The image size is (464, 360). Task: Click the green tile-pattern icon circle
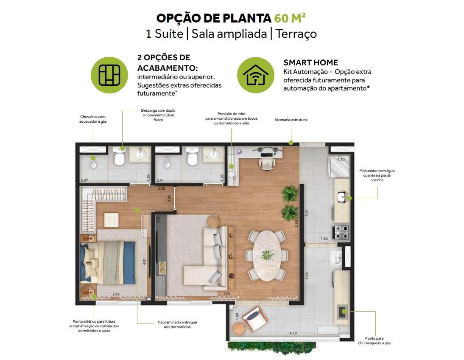coord(109,75)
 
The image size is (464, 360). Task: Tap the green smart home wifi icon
coord(256,75)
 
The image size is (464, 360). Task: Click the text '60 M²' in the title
coord(290,18)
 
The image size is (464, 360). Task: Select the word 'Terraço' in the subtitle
coord(296,34)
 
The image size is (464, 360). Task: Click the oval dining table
coord(268,256)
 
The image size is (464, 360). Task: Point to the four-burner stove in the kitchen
coord(341,232)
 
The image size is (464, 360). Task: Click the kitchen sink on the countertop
coord(342,197)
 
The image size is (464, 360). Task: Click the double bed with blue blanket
coord(108,262)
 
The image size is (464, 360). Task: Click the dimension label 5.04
coord(227,294)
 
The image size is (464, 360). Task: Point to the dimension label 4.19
coord(293,333)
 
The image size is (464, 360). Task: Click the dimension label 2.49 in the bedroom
coord(116,294)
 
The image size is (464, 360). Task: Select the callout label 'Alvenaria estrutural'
coord(291,120)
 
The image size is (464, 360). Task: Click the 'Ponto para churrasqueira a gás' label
coord(375,341)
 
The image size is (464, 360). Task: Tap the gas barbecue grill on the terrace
coord(343,312)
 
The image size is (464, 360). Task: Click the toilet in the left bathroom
coord(120,157)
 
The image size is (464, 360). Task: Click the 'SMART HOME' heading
coord(310,62)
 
